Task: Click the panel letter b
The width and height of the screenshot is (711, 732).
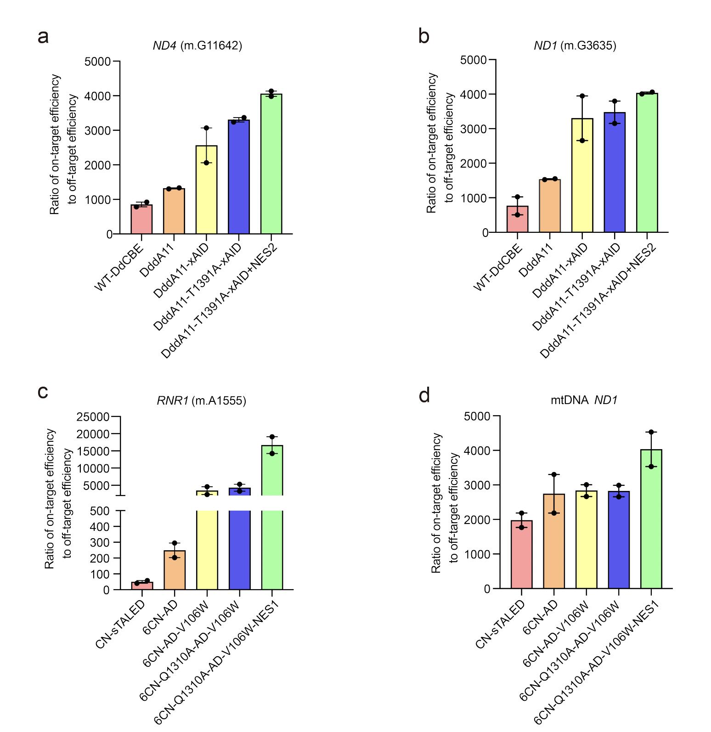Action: pyautogui.click(x=423, y=36)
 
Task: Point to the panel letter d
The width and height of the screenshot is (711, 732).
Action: pyautogui.click(x=424, y=395)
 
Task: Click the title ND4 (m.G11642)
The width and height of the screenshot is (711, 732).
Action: pyautogui.click(x=197, y=45)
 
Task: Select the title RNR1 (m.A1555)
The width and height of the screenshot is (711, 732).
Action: pyautogui.click(x=201, y=400)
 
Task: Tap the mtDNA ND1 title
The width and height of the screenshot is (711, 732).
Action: pyautogui.click(x=584, y=400)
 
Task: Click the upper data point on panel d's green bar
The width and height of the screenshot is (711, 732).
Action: pyautogui.click(x=651, y=432)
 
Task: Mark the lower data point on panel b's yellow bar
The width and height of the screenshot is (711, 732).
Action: pyautogui.click(x=582, y=141)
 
